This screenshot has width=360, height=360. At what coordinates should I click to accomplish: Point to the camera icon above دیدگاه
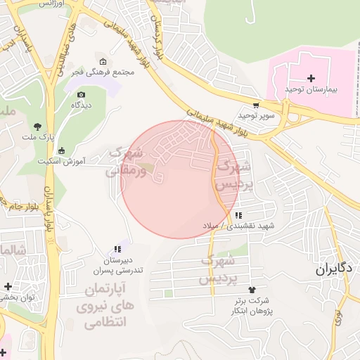82,94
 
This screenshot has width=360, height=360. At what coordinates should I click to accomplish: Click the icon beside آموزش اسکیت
62,150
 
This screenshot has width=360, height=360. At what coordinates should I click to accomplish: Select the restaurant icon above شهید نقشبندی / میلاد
238,215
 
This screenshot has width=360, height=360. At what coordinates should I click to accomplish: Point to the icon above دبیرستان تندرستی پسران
118,249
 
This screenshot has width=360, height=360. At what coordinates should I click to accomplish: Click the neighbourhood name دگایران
333,269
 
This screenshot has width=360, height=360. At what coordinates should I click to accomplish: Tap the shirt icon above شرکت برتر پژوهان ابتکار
252,290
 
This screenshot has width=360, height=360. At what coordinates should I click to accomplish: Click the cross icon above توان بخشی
8,287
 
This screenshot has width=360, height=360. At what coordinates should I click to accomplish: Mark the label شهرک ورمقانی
128,162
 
